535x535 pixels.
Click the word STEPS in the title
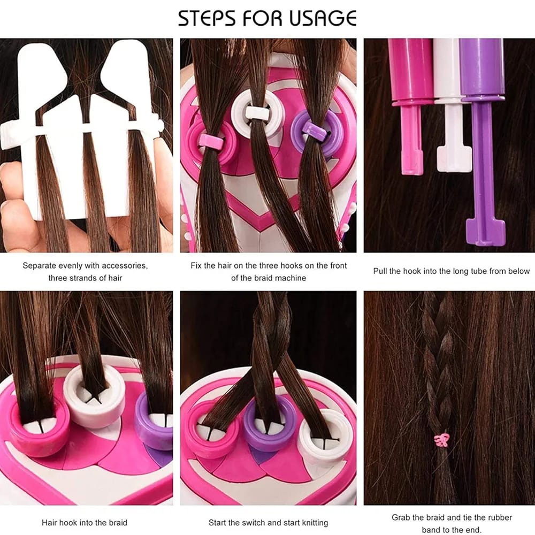coord(207,18)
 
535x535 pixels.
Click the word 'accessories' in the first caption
coord(124,265)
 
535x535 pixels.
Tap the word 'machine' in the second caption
coord(291,278)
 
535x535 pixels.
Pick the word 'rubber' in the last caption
coord(499,517)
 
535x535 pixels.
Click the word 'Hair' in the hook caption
coord(49,522)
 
